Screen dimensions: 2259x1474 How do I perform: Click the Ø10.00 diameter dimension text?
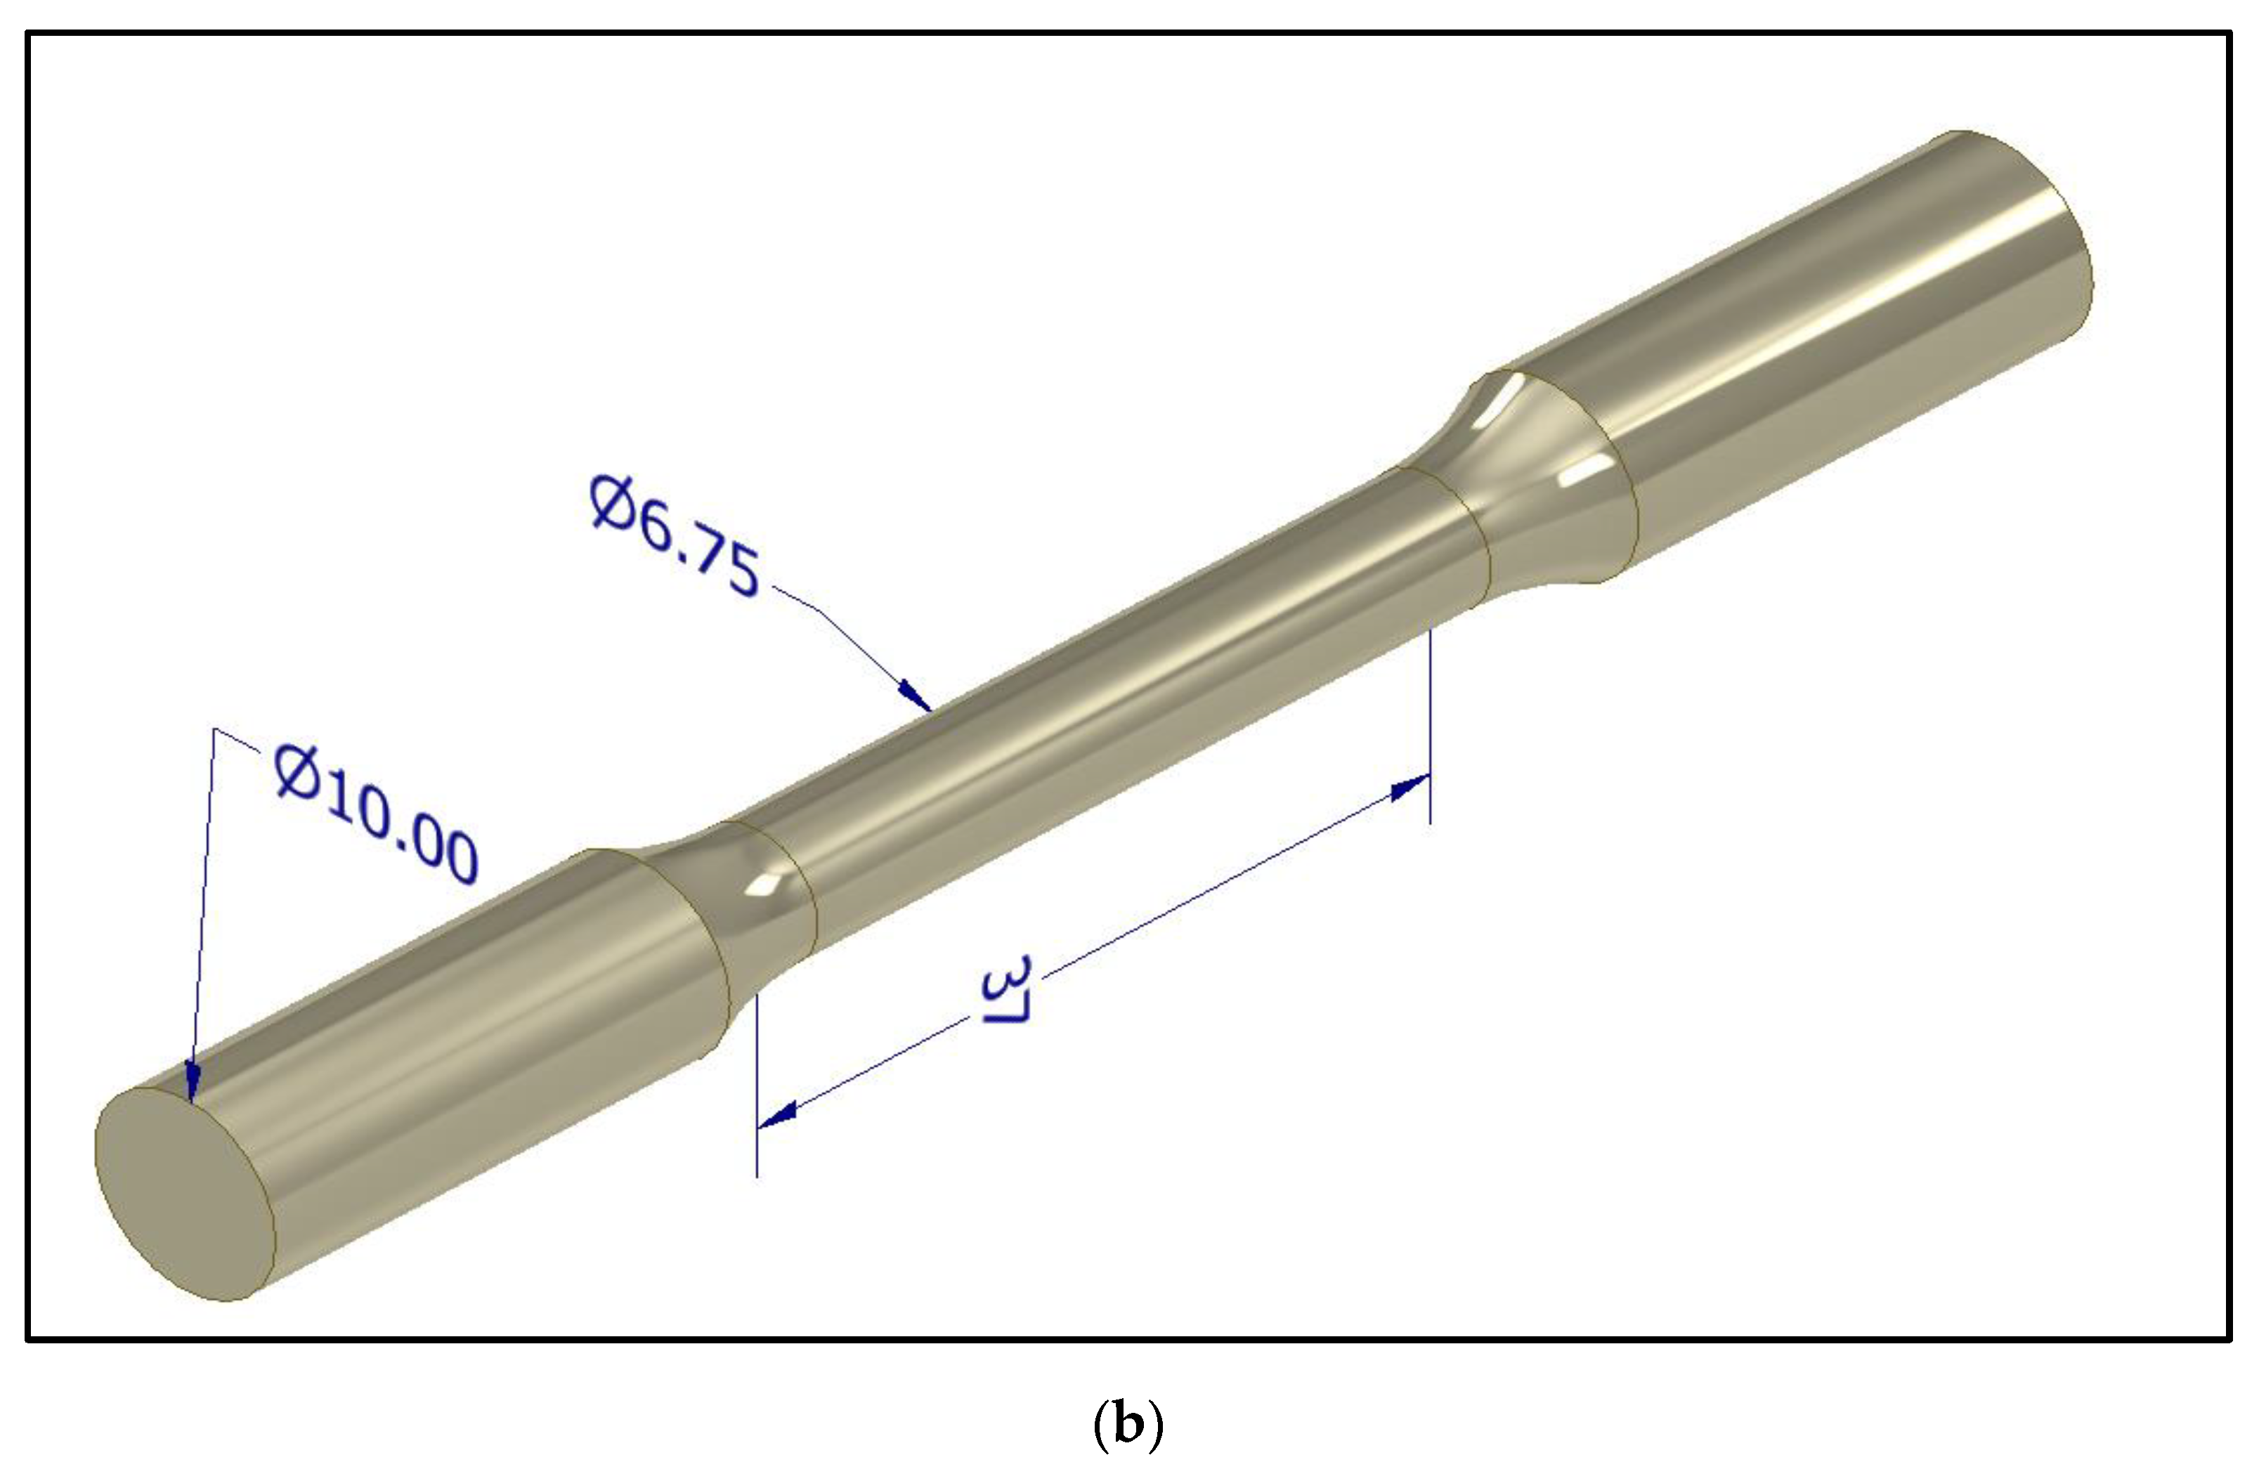tap(377, 814)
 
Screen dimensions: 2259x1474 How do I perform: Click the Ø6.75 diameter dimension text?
tap(674, 536)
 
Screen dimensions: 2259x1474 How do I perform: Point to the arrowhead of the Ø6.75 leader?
tap(916, 695)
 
